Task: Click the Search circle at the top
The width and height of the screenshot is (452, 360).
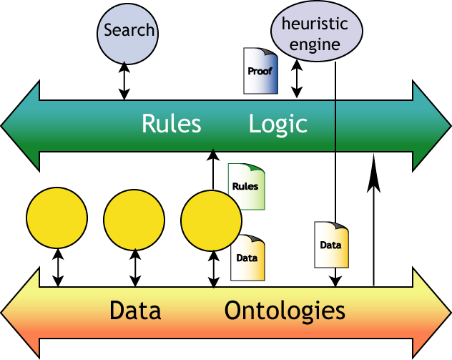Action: pos(127,31)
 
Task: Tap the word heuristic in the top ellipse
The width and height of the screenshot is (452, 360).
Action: pos(315,24)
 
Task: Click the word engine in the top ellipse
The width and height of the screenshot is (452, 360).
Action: pos(315,44)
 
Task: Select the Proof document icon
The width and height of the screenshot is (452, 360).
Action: pos(260,71)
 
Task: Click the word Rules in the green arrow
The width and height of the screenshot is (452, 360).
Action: pos(171,124)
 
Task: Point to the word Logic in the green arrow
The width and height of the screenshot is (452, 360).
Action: pos(277,124)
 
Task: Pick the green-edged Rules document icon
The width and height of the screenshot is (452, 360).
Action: pos(245,187)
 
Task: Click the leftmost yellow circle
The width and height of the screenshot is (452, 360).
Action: pos(56,218)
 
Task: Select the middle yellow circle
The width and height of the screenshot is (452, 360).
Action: pos(134,218)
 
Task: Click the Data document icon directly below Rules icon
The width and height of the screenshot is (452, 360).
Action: pos(247,258)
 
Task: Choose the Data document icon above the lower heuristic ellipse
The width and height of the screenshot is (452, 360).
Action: pos(331,245)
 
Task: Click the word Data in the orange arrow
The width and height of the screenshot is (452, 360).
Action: pos(134,311)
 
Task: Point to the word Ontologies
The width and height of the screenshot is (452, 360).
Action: pos(285,311)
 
